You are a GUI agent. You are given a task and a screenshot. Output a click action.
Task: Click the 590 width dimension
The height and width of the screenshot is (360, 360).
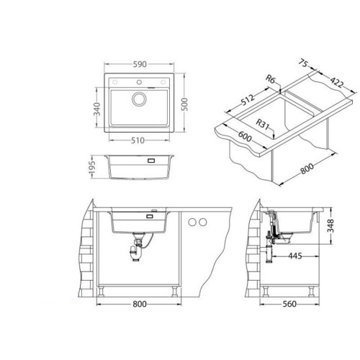[x=140, y=64]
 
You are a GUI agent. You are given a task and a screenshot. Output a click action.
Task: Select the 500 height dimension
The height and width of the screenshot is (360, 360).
[x=184, y=104]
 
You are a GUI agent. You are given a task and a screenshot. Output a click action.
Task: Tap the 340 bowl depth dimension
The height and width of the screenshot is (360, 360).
[x=96, y=109]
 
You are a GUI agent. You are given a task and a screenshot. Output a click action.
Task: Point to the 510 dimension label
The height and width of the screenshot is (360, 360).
[x=138, y=140]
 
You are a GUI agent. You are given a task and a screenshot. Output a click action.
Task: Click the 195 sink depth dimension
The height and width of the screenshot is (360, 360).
[x=92, y=167]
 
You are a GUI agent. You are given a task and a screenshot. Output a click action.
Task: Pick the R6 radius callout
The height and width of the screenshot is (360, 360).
[x=271, y=79]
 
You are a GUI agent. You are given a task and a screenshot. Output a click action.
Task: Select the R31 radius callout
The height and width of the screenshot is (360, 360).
[x=262, y=124]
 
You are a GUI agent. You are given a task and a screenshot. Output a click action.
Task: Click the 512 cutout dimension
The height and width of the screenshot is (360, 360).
[x=247, y=100]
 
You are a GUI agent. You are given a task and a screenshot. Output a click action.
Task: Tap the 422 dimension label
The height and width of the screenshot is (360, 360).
[x=337, y=82]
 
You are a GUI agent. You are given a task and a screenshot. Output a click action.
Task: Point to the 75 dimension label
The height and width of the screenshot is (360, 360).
[x=303, y=63]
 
